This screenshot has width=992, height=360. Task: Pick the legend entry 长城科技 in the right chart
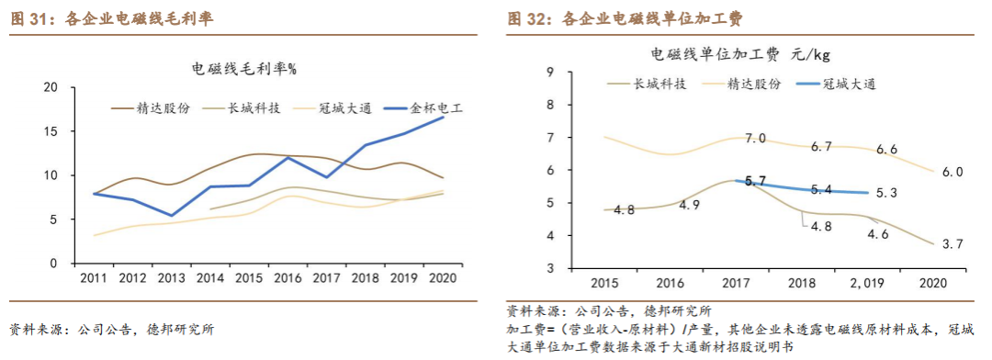click(x=659, y=84)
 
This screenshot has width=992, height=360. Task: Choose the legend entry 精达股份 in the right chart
click(x=754, y=84)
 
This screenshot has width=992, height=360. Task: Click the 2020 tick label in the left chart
click(x=443, y=278)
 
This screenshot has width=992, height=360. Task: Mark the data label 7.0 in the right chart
click(x=755, y=139)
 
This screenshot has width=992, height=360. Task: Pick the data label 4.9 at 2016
click(x=690, y=205)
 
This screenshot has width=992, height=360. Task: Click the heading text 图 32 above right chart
click(x=525, y=18)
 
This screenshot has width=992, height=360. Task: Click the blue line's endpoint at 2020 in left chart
click(x=443, y=117)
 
